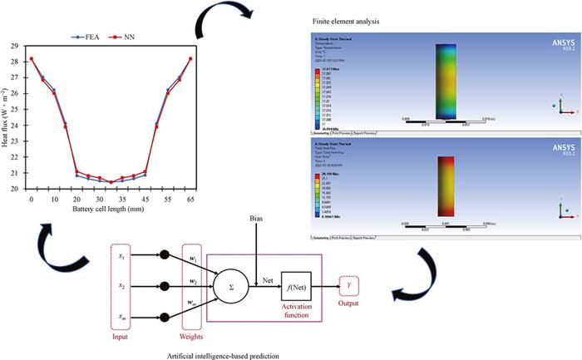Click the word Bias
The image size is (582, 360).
pyautogui.click(x=258, y=220)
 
